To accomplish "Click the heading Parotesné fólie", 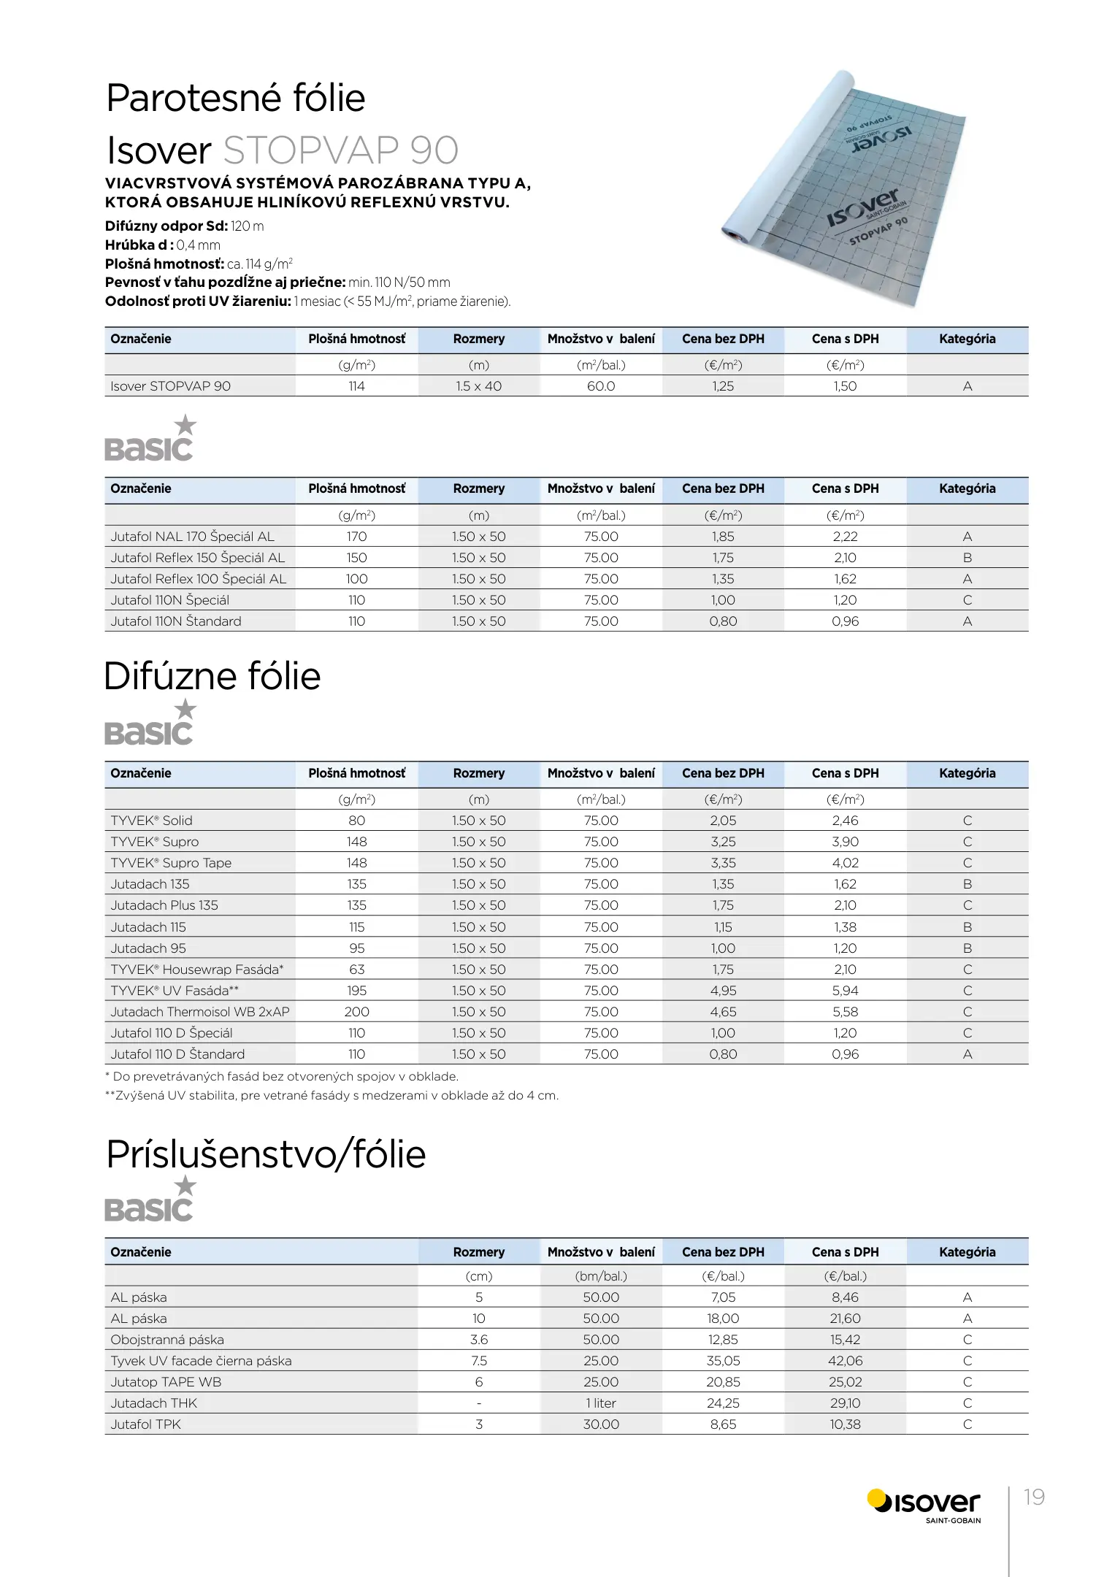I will [x=235, y=99].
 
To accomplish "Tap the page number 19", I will [x=1034, y=1497].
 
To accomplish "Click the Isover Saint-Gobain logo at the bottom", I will [x=924, y=1504].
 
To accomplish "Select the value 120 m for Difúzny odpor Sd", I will [x=247, y=226].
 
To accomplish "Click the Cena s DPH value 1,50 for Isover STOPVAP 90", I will [x=845, y=386].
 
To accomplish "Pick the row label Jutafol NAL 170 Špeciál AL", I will [x=193, y=537].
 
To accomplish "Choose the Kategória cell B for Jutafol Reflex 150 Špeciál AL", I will [x=967, y=558].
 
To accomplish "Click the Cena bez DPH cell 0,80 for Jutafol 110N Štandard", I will [x=723, y=621].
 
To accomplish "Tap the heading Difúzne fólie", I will [x=212, y=676].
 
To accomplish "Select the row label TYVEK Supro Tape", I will [x=171, y=863].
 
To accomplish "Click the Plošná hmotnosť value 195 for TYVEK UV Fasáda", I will [x=356, y=991].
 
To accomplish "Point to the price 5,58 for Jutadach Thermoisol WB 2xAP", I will [x=845, y=1012].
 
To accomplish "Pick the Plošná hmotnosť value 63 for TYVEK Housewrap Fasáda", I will [x=356, y=970].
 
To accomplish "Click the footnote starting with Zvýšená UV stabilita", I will [x=332, y=1095].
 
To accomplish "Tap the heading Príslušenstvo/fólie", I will [x=266, y=1154].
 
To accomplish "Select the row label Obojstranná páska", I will [x=167, y=1340].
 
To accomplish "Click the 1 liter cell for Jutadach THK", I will [x=601, y=1403].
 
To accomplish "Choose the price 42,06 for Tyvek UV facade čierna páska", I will [x=845, y=1361].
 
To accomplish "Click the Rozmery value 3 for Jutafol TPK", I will [x=479, y=1424].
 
